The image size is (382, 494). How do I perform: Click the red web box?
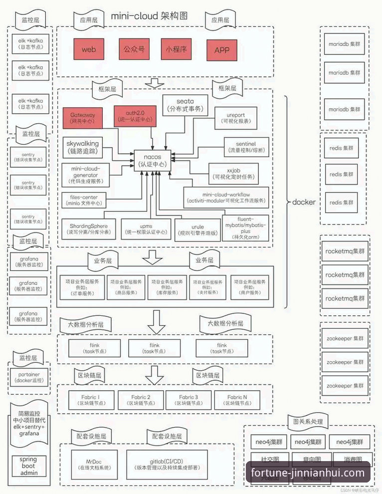coord(89,49)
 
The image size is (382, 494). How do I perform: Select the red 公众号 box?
coord(134,49)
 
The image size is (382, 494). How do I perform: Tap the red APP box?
coord(221,49)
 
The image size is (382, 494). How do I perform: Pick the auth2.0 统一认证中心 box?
coord(134,117)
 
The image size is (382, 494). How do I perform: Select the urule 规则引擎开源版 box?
coord(197,230)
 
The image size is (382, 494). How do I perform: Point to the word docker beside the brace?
coord(304,203)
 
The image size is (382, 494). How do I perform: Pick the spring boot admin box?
coord(28,466)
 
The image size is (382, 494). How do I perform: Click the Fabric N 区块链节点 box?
coord(237,400)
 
